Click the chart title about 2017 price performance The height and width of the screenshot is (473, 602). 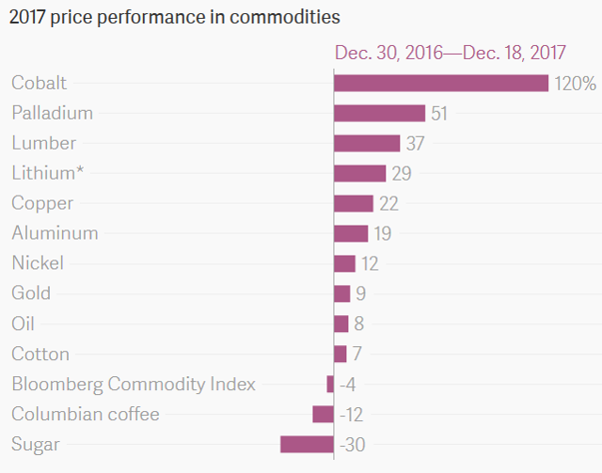(x=175, y=17)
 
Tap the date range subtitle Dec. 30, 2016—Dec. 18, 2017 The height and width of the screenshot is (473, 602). (x=451, y=53)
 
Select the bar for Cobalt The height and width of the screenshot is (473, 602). (x=441, y=84)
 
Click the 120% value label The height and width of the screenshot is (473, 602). (x=575, y=84)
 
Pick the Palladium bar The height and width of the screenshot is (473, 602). (x=380, y=113)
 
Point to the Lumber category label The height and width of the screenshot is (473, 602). (x=44, y=143)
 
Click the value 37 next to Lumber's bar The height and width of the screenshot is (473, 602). (x=415, y=144)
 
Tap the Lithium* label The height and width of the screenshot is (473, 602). (x=47, y=173)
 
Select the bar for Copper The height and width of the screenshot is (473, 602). (x=354, y=203)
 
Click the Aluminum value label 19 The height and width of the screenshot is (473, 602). (x=383, y=233)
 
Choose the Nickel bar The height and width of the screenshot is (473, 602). (x=345, y=263)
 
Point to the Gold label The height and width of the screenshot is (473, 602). (x=31, y=293)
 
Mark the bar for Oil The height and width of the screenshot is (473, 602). (x=341, y=323)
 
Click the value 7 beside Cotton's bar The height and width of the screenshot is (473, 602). (x=357, y=354)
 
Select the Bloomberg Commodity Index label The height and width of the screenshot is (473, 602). (x=134, y=384)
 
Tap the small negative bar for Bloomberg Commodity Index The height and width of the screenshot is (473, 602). (x=330, y=384)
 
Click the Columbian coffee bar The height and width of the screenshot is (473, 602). (x=324, y=415)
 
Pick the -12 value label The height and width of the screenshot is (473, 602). (x=351, y=415)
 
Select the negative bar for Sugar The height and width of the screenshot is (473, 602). (x=308, y=444)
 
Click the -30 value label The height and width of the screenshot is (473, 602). (x=353, y=445)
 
